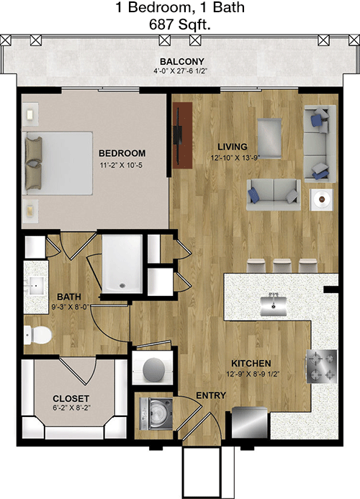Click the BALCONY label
(x=181, y=61)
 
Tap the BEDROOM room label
(x=122, y=153)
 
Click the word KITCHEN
(x=251, y=363)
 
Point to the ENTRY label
(x=211, y=395)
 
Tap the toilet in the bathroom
(x=37, y=335)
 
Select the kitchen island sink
(x=273, y=305)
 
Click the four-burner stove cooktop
(x=321, y=367)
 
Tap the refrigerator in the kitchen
(x=250, y=423)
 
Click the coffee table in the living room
(x=269, y=138)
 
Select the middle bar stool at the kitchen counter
(x=282, y=266)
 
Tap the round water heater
(x=153, y=369)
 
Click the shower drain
(x=122, y=285)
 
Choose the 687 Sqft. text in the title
(x=180, y=24)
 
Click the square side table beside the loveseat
(x=322, y=199)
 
